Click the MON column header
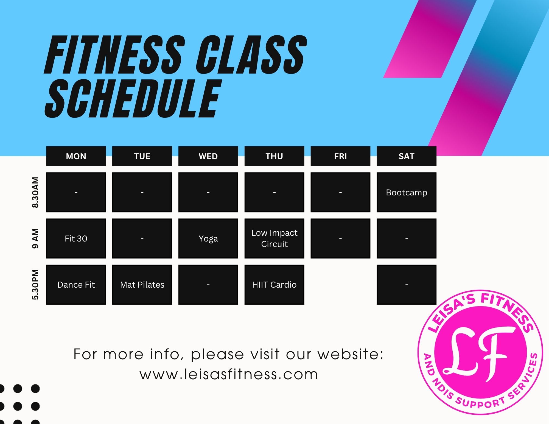click(x=76, y=156)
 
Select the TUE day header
click(x=142, y=156)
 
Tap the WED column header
click(x=208, y=156)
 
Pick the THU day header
click(x=274, y=156)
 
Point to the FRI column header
click(x=340, y=156)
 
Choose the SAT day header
click(x=407, y=156)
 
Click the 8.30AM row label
click(x=35, y=192)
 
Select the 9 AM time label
click(x=35, y=238)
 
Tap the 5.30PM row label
click(x=35, y=285)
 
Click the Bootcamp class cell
click(x=407, y=192)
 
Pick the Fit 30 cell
click(x=76, y=238)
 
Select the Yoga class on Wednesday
click(x=208, y=238)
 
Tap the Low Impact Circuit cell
click(x=274, y=238)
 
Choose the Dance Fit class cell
click(x=76, y=285)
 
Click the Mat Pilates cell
click(x=142, y=285)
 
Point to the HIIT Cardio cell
click(x=274, y=285)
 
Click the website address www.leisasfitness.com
click(x=229, y=374)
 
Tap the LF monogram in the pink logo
click(x=479, y=354)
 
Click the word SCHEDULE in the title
click(x=133, y=98)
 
